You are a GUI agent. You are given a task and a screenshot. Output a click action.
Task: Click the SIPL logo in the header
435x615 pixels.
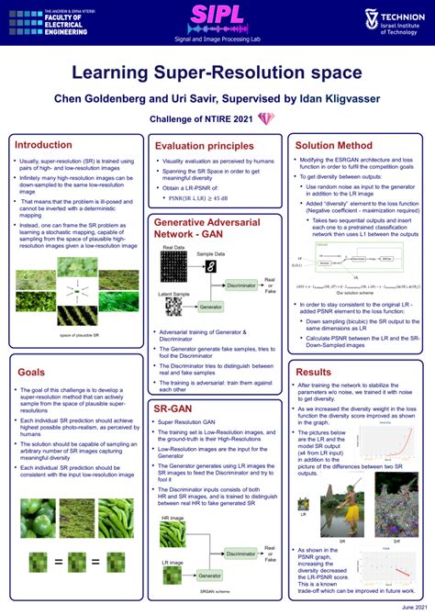217,16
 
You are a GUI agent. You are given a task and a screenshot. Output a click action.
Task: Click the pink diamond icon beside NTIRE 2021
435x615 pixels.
266,119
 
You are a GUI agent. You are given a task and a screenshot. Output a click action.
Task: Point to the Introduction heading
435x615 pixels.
43,145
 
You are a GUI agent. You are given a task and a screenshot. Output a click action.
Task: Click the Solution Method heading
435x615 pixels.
334,145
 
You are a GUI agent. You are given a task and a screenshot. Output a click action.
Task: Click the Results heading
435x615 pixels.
314,372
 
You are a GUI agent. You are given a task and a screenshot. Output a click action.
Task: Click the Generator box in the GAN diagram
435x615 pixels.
210,307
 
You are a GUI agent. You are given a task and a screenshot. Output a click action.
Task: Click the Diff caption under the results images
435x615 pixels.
396,541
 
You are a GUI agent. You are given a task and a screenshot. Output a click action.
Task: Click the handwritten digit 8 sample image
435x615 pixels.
210,266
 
